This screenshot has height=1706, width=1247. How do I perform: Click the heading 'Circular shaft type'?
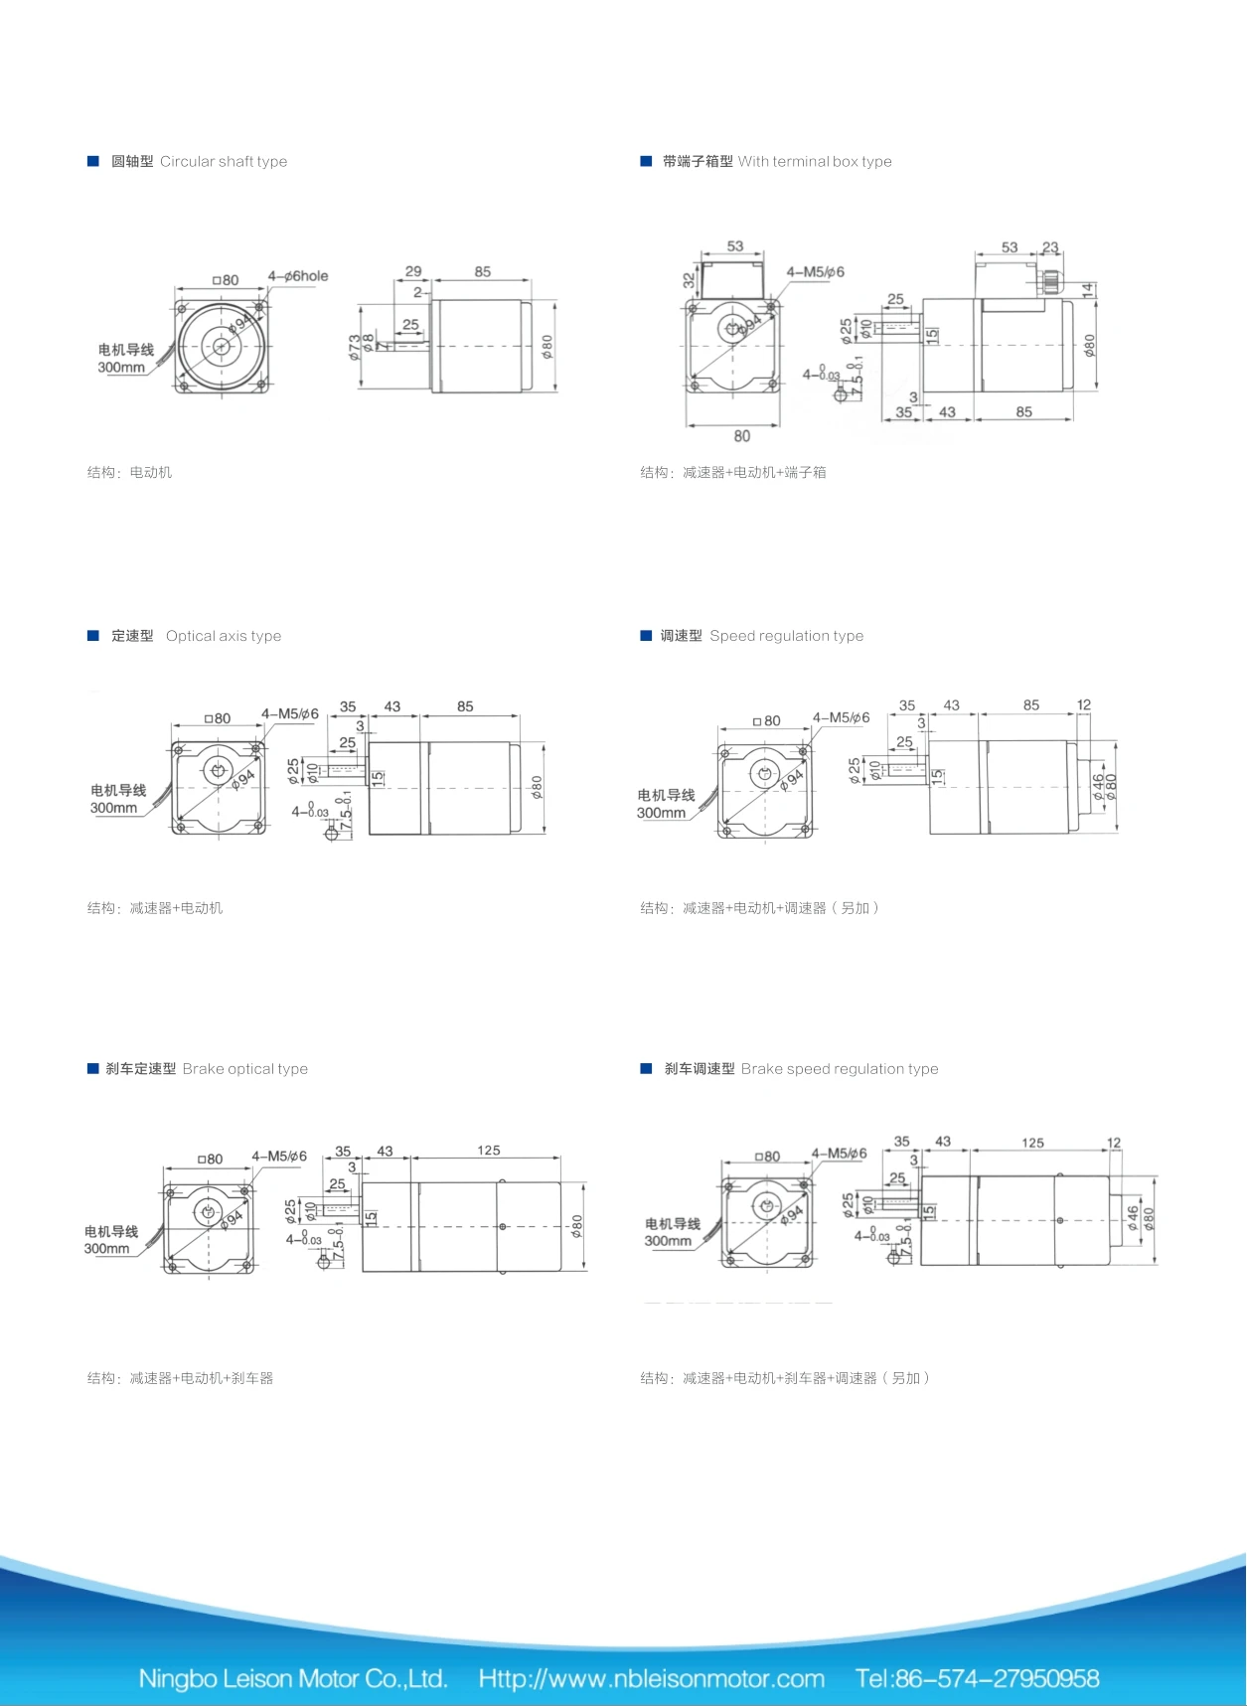click(x=224, y=162)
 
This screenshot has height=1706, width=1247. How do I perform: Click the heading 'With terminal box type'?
click(x=814, y=162)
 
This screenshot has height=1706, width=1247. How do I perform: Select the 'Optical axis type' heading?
click(x=224, y=636)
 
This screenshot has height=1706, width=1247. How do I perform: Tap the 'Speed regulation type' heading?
click(x=786, y=636)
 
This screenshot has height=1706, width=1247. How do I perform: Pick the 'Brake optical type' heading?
click(x=244, y=1069)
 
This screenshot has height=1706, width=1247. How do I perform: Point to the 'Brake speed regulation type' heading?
click(x=839, y=1069)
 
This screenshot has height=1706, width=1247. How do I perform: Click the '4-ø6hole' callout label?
click(x=297, y=276)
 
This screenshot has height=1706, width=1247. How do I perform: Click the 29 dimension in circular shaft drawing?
click(x=413, y=271)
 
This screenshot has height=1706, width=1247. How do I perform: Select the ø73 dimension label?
click(x=355, y=347)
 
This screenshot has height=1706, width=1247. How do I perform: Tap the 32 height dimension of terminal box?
click(x=689, y=280)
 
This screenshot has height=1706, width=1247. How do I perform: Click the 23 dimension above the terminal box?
click(x=1050, y=246)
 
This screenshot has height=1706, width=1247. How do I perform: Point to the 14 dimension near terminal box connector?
click(x=1089, y=289)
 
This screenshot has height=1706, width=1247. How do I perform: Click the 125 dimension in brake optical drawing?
click(x=489, y=1151)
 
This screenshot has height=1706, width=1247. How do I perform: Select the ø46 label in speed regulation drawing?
click(x=1098, y=787)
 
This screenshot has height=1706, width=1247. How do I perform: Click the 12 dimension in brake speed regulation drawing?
click(x=1114, y=1143)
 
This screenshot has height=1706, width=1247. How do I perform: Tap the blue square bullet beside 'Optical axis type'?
click(x=93, y=636)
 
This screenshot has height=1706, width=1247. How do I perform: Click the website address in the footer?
click(x=651, y=1678)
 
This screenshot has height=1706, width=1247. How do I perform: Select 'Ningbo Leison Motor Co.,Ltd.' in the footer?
click(x=293, y=1678)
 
